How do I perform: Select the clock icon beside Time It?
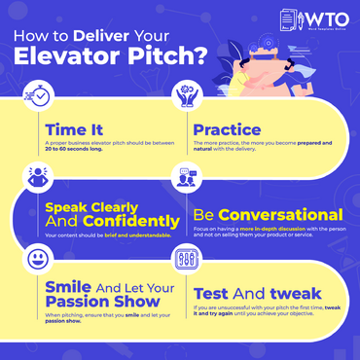[x=40, y=96]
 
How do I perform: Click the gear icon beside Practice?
[x=187, y=95]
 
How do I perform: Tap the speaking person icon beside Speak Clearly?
[x=40, y=179]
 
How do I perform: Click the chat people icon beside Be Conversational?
[x=187, y=180]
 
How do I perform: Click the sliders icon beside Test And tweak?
[x=187, y=261]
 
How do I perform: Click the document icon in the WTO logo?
[x=288, y=21]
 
